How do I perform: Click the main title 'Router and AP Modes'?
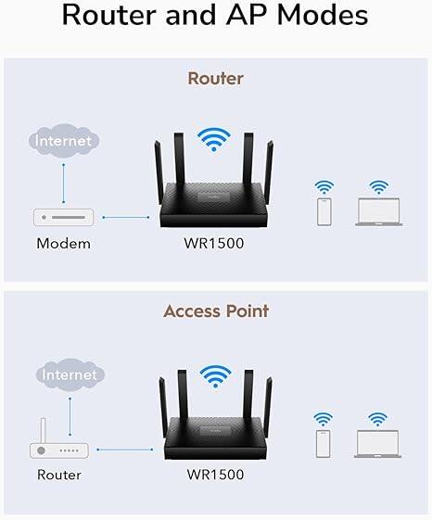coord(215,17)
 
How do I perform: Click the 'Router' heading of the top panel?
coord(215,79)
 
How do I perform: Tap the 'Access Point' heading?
coord(215,311)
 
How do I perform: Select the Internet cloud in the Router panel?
coord(63,142)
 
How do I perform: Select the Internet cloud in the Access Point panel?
coord(69,374)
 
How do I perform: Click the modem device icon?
coord(63,218)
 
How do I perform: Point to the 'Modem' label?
coord(63,244)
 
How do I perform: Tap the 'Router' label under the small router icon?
coord(58,475)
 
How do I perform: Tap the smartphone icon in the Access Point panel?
coord(323,443)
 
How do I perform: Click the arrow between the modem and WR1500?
coord(125,218)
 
